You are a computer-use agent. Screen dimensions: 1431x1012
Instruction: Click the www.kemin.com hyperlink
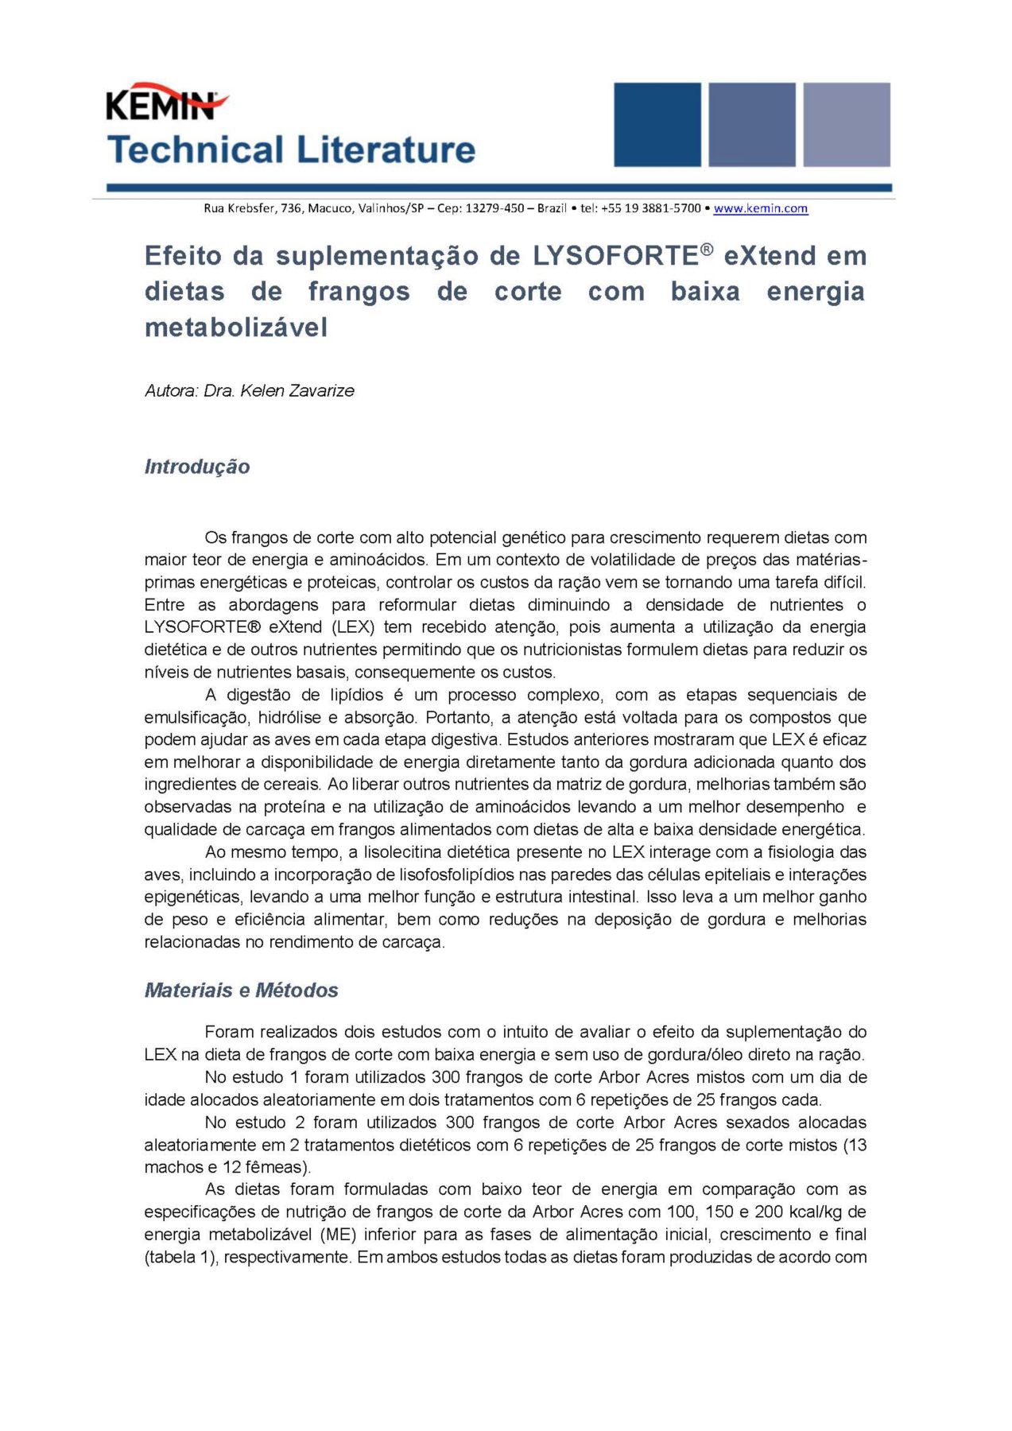[x=760, y=208]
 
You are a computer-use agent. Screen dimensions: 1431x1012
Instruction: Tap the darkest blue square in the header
[x=657, y=125]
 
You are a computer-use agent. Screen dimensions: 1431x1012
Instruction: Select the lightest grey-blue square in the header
[x=846, y=125]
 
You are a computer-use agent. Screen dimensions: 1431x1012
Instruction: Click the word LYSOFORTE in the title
[x=615, y=256]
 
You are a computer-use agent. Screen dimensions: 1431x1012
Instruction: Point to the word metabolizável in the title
[x=236, y=328]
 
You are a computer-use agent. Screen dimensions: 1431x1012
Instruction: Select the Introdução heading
[x=197, y=467]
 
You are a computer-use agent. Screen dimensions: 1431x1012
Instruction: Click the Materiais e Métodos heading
[x=241, y=990]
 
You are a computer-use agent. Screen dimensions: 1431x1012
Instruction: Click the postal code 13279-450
[x=494, y=208]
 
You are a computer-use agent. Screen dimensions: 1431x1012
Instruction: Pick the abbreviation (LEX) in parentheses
[x=352, y=627]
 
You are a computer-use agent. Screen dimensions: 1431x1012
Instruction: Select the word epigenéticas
[x=193, y=897]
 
